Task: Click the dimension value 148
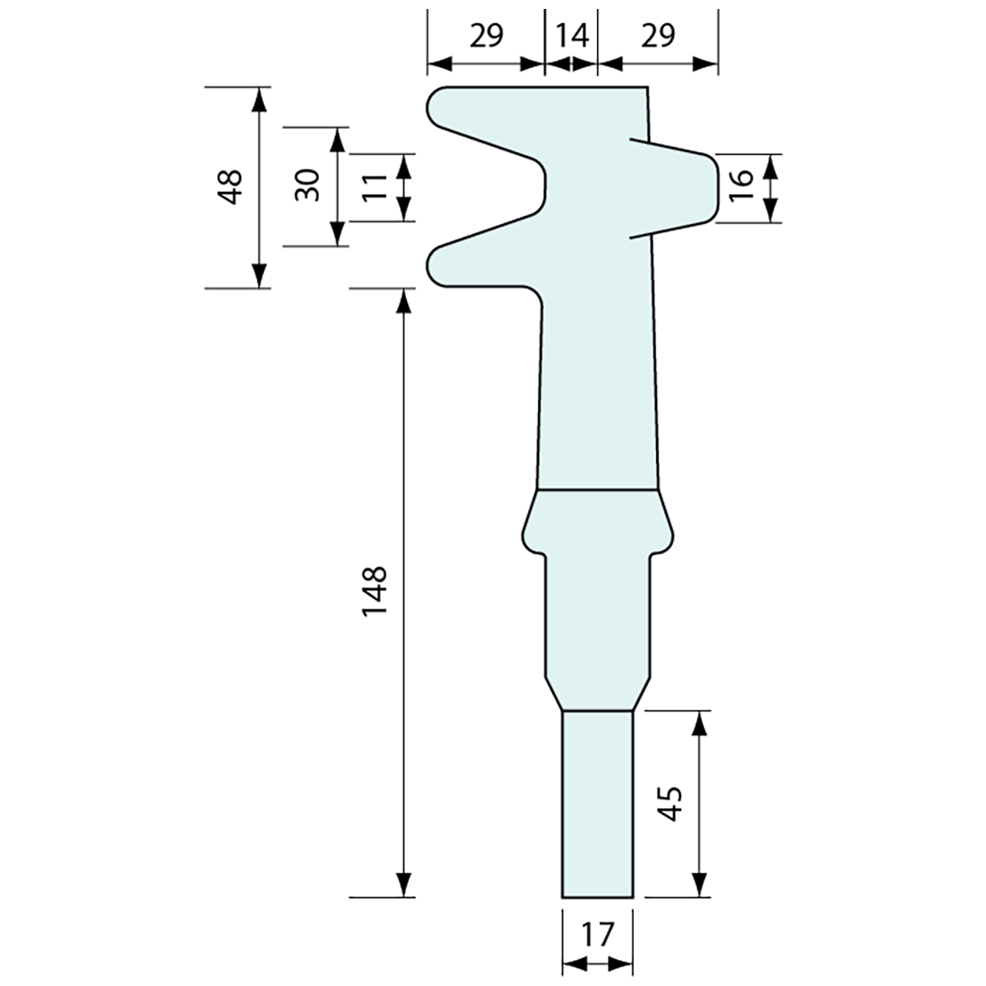(373, 591)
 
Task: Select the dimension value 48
(232, 187)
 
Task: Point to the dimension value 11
(376, 187)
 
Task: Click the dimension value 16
(741, 188)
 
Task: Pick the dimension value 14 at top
(571, 35)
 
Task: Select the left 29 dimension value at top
(487, 35)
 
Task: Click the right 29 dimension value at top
(657, 35)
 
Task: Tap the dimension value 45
(670, 804)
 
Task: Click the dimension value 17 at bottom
(597, 935)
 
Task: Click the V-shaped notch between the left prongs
(538, 186)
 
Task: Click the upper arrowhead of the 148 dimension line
(405, 302)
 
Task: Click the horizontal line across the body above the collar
(597, 490)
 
